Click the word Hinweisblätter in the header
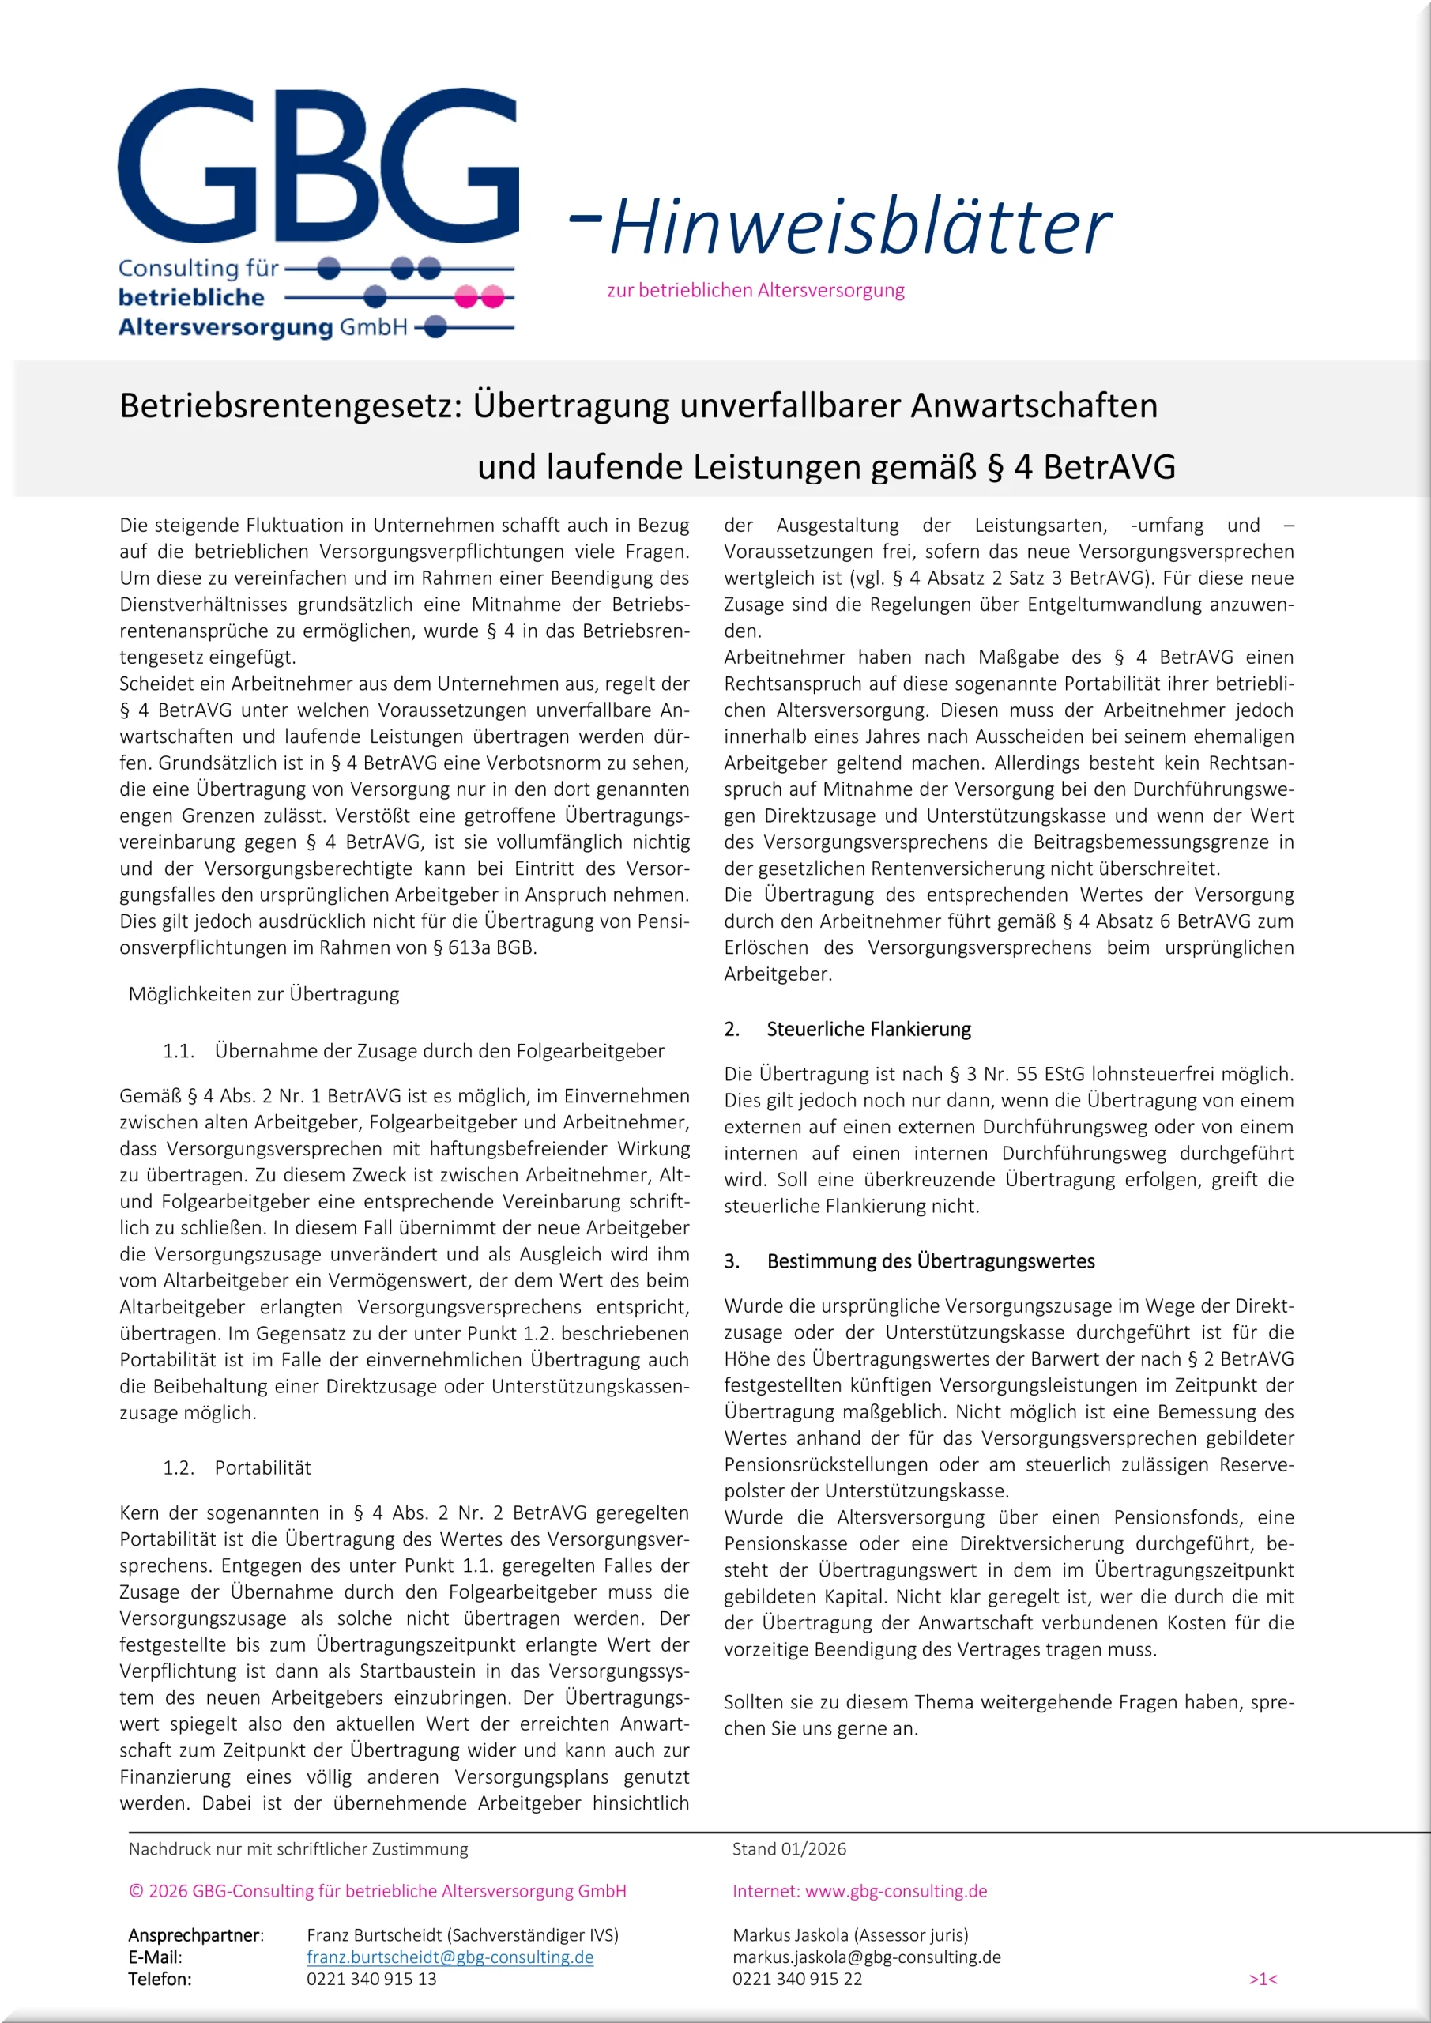(x=860, y=227)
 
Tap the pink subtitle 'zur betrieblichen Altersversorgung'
(x=755, y=290)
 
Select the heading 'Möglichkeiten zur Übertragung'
(x=263, y=994)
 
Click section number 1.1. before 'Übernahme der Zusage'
(x=178, y=1050)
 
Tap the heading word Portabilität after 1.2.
(x=262, y=1467)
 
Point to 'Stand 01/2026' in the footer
(x=789, y=1848)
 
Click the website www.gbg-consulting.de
(x=895, y=1891)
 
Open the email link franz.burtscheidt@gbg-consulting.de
(x=450, y=1957)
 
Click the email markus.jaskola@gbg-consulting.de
(x=866, y=1957)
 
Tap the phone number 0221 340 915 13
(x=371, y=1979)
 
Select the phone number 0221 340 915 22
(x=796, y=1979)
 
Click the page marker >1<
(x=1263, y=1979)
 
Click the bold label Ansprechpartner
(x=194, y=1935)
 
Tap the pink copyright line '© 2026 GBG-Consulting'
(x=377, y=1891)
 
